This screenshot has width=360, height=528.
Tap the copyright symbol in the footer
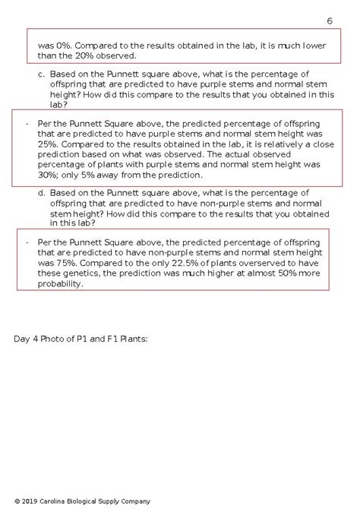click(x=17, y=501)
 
